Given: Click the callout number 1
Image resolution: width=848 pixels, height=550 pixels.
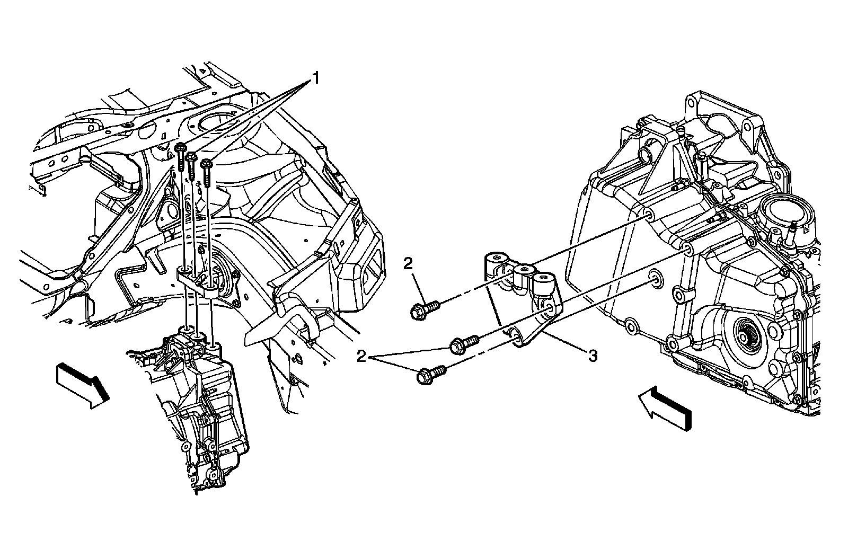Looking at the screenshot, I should [315, 79].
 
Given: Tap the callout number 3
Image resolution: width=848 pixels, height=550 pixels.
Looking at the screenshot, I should [593, 356].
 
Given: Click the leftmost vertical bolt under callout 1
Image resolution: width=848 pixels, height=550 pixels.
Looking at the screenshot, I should [181, 156].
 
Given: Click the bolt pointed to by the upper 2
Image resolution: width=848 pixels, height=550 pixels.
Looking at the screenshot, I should [425, 309].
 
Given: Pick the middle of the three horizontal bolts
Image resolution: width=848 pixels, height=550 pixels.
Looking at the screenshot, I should [464, 344].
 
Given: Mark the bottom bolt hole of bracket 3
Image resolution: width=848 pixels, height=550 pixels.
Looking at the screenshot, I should [515, 335].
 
